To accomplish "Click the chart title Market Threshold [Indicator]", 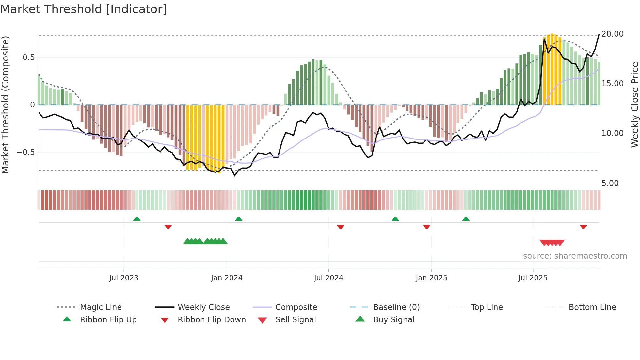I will tap(84, 9).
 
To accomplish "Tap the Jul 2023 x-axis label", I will tap(124, 278).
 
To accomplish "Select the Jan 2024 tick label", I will tap(227, 278).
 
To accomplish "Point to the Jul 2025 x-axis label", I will tap(533, 278).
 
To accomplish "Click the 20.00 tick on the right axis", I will tap(612, 34).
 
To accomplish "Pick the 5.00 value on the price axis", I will tap(610, 183).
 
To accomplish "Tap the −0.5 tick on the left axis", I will tap(25, 152).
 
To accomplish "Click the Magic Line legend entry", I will tap(101, 307).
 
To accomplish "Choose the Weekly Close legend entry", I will tap(203, 307).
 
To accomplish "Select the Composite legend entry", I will tap(296, 307).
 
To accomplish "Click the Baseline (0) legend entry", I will tap(396, 307).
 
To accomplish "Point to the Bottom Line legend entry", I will tap(592, 307).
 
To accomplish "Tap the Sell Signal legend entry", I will tap(295, 320).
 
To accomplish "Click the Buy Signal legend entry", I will tap(393, 320).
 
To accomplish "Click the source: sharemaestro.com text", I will tap(575, 256).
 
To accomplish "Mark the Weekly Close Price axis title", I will tap(634, 105).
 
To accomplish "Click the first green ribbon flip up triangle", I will tap(137, 219).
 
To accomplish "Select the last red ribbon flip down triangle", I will tap(583, 227).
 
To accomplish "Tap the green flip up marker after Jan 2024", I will tap(239, 219).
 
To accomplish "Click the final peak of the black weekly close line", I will tap(599, 34).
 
